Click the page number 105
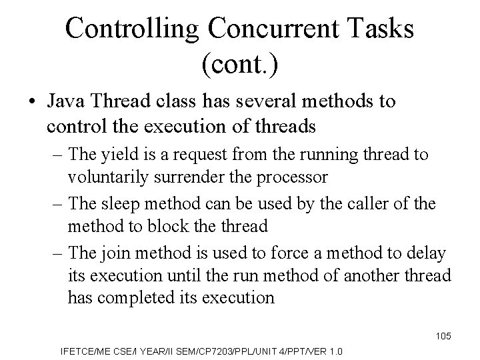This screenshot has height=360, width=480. (443, 336)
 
